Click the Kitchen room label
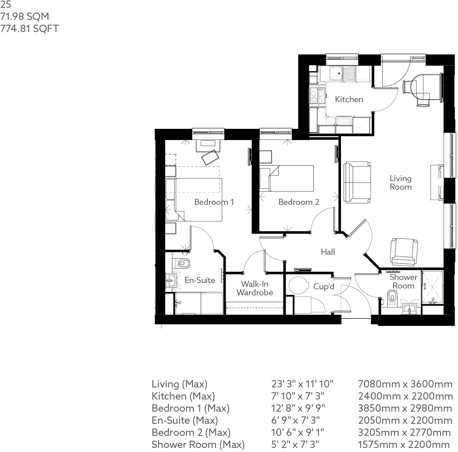[349, 99]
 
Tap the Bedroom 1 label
[214, 202]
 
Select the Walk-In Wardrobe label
[255, 288]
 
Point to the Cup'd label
[324, 287]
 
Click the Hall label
[328, 252]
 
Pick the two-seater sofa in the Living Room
[357, 182]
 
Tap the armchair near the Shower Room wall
[404, 252]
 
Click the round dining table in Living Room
[420, 86]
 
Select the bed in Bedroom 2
[287, 178]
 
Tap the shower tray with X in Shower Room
[432, 287]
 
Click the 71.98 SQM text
[25, 16]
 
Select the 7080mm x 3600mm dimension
[405, 384]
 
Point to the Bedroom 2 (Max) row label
[191, 433]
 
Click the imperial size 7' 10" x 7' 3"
[298, 396]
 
